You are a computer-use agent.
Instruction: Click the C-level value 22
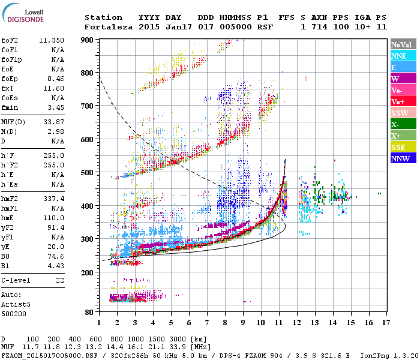pyautogui.click(x=59, y=280)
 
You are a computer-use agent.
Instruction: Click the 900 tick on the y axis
pyautogui.click(x=88, y=40)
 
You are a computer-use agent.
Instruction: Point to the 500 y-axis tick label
pyautogui.click(x=88, y=173)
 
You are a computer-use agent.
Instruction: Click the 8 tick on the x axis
pyautogui.click(x=225, y=323)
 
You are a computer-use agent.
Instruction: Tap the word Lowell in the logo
pyautogui.click(x=32, y=11)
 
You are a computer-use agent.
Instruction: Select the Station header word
pyautogui.click(x=103, y=17)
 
